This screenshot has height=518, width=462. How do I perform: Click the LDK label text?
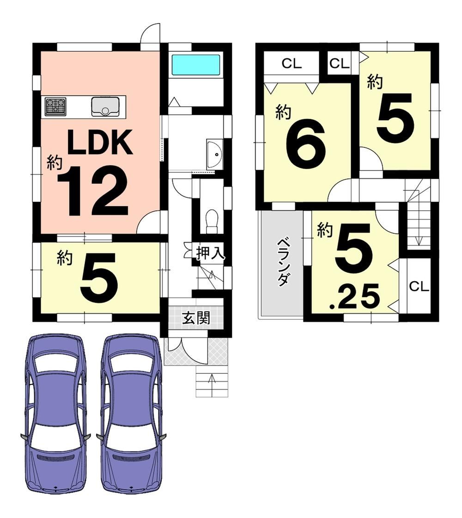click(100, 142)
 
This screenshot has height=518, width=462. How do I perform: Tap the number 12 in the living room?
click(93, 191)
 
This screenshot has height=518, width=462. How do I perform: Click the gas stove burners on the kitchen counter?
click(55, 106)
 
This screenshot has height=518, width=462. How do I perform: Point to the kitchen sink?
click(105, 107)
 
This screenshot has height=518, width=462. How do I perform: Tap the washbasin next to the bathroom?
click(215, 155)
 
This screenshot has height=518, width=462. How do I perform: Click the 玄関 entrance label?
click(196, 318)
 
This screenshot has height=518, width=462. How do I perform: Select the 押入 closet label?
click(210, 253)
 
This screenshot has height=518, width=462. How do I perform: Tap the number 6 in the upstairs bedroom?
click(305, 144)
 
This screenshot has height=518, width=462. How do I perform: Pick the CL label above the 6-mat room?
click(292, 63)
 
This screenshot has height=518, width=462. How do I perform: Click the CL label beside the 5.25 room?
click(419, 286)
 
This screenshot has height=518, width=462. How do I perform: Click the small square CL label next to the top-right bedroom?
click(339, 63)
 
